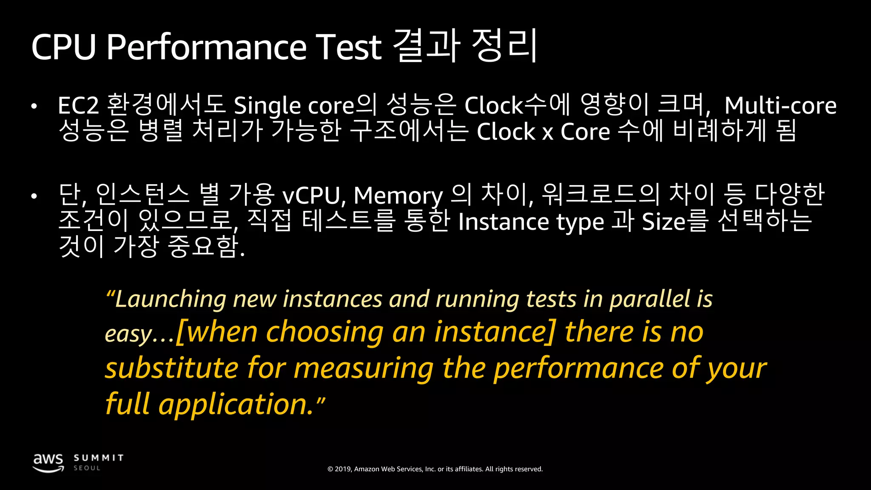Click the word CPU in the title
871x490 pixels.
[64, 47]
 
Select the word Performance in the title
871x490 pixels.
[206, 47]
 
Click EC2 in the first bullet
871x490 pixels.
[78, 106]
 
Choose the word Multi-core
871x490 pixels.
[780, 106]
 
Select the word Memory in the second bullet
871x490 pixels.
[398, 196]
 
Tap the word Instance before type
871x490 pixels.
[504, 222]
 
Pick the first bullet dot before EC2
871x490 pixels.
[34, 107]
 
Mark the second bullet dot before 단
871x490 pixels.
[34, 197]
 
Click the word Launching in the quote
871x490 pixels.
[170, 299]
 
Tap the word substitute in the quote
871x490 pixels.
[172, 368]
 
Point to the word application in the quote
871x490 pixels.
[236, 404]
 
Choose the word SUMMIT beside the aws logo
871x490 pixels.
[99, 458]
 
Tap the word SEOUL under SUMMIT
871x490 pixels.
[87, 468]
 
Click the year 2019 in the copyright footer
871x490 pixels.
[343, 469]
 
